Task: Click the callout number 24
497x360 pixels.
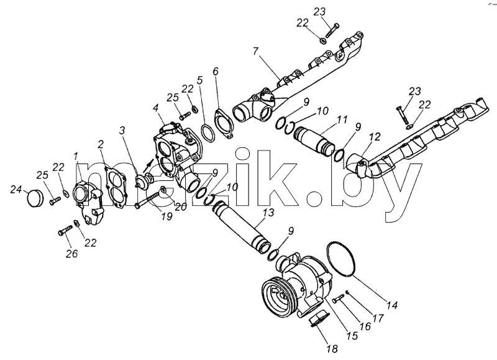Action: (16, 190)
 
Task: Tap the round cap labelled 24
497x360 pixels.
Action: (34, 198)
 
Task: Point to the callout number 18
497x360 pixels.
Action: (332, 348)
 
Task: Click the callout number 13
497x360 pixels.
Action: (268, 212)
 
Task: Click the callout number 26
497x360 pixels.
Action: (71, 254)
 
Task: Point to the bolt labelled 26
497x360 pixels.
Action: (65, 230)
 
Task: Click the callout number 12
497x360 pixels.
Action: (375, 137)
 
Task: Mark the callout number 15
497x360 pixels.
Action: (352, 335)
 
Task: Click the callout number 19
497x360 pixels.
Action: (167, 216)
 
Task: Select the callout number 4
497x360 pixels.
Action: (156, 108)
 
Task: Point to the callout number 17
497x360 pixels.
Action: (378, 318)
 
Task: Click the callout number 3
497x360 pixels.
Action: (122, 131)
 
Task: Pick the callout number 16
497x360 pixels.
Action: (365, 326)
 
